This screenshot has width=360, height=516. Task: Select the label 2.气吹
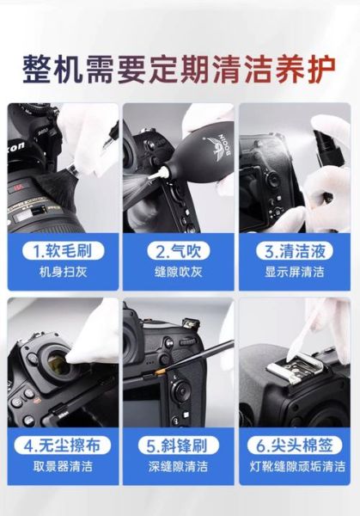(x=179, y=252)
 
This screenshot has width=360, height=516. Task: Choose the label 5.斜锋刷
(x=179, y=446)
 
